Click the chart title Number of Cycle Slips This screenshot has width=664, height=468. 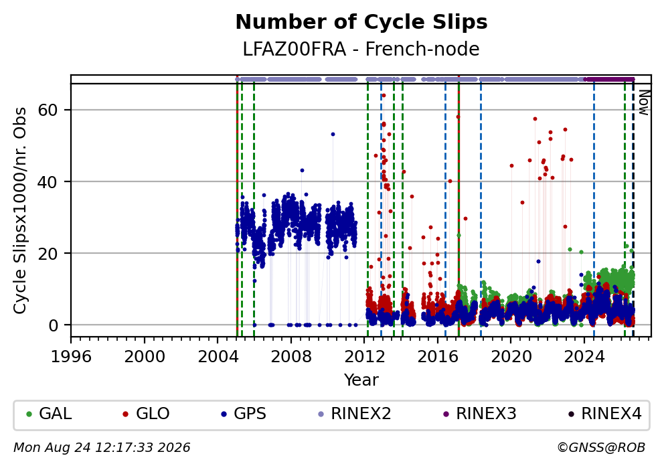361,22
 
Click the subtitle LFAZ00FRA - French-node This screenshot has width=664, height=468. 361,49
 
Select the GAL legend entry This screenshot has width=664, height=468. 49,413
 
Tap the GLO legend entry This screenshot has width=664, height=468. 146,413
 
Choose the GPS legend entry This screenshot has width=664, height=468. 244,413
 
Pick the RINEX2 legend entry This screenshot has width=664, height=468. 355,413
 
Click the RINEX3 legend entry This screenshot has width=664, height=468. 480,413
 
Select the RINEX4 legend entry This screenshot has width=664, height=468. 605,413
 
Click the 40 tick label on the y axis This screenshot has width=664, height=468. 48,181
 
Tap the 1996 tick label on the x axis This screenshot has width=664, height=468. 71,357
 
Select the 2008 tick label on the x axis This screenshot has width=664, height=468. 291,357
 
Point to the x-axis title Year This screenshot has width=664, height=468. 361,380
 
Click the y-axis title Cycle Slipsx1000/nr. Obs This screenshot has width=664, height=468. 20,210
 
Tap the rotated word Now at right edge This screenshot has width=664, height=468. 644,102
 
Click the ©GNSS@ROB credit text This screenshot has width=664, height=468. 601,448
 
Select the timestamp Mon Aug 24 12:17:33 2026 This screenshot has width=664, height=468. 102,448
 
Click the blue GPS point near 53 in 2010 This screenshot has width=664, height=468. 333,135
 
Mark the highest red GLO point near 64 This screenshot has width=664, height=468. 384,95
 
